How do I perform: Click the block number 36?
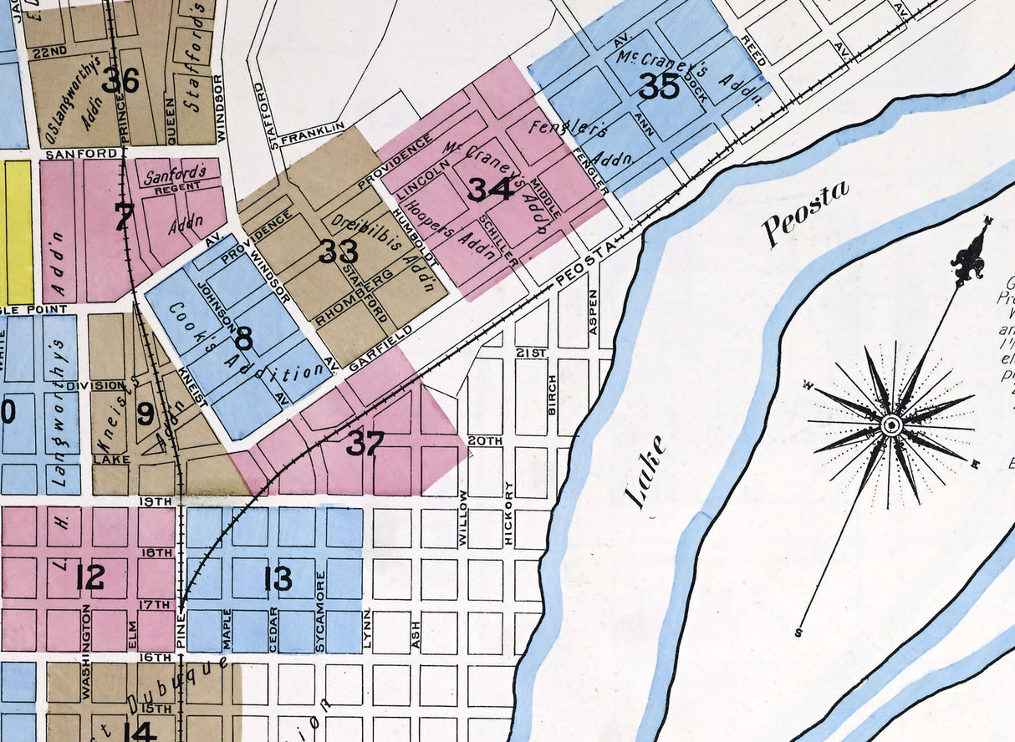point(120,80)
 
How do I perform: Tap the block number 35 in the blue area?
point(659,85)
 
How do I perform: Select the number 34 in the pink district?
point(490,189)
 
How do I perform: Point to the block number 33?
point(339,251)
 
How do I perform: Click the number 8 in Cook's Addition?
point(243,338)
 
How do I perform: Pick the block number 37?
point(365,444)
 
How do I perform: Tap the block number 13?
point(278,578)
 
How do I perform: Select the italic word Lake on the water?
point(646,472)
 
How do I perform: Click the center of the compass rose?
point(891,425)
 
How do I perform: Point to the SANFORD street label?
point(81,155)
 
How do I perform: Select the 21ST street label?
point(530,353)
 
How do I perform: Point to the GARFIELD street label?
point(380,349)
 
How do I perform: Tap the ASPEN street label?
point(594,313)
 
